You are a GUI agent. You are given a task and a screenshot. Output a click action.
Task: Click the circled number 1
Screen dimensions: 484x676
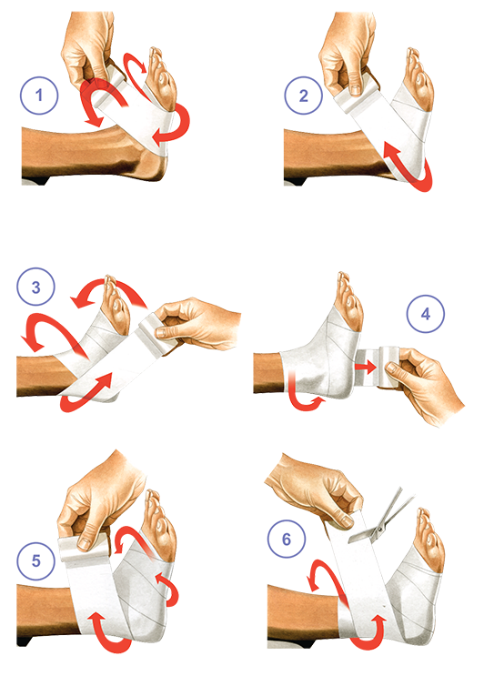pyautogui.click(x=39, y=96)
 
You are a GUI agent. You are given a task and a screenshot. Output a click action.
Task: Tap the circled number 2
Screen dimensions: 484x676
pyautogui.click(x=304, y=96)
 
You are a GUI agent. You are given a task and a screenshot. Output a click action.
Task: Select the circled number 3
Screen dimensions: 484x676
pyautogui.click(x=35, y=287)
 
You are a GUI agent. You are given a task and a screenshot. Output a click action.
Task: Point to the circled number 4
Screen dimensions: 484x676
pyautogui.click(x=426, y=313)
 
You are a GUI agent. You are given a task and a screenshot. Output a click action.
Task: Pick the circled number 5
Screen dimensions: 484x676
pyautogui.click(x=35, y=560)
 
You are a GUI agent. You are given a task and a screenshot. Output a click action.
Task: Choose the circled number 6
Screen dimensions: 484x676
pyautogui.click(x=287, y=539)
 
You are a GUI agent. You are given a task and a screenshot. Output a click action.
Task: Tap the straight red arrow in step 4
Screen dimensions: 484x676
pyautogui.click(x=365, y=368)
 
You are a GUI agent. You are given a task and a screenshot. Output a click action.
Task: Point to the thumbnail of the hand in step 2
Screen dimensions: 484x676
pyautogui.click(x=354, y=90)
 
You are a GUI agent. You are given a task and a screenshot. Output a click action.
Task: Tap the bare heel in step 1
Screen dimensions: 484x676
pyautogui.click(x=152, y=166)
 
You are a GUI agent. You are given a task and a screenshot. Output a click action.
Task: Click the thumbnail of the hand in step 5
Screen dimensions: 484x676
pyautogui.click(x=85, y=543)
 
